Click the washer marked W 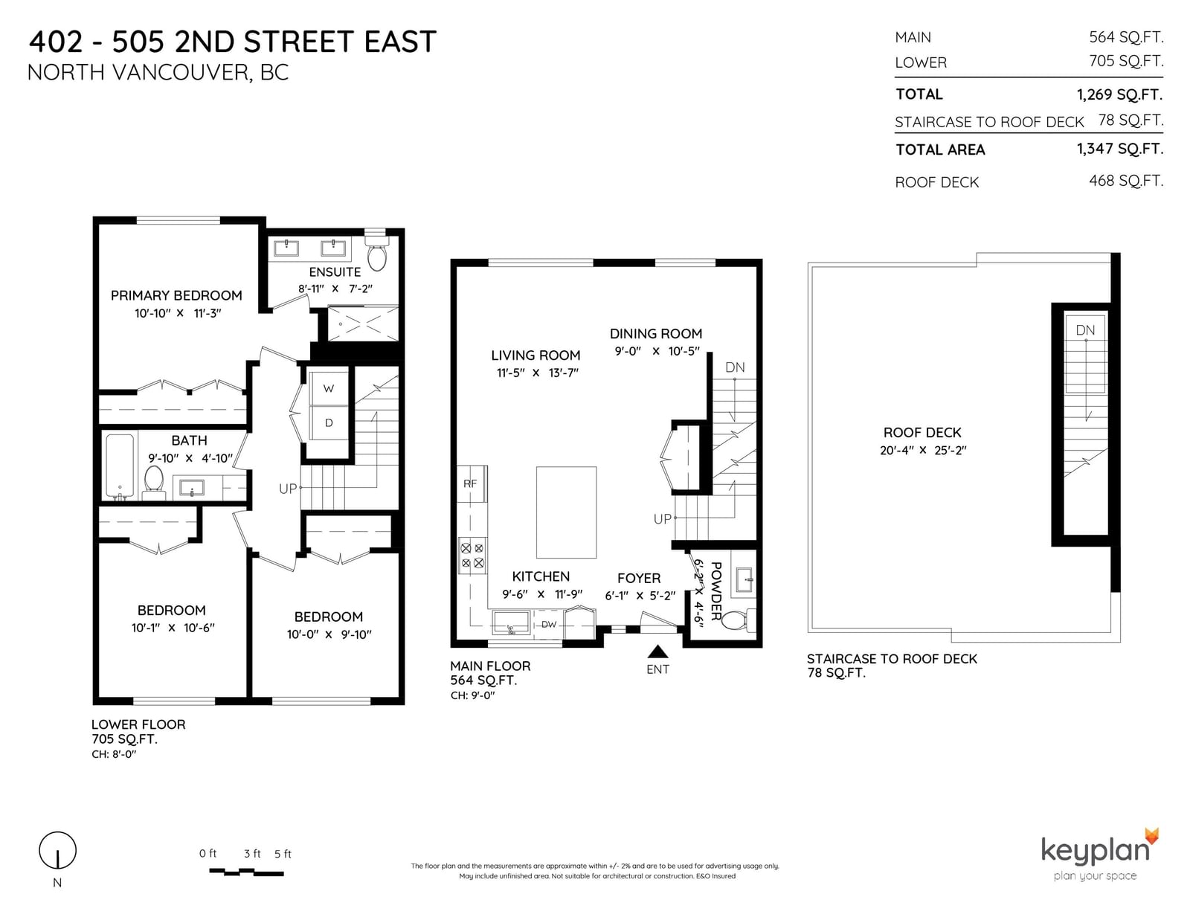329,388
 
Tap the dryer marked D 329,422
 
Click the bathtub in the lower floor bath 120,466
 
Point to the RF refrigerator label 470,483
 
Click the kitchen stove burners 472,556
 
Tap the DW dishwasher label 549,624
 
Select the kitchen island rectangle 566,512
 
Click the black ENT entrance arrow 657,651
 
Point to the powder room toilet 738,620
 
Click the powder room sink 744,580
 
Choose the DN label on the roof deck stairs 1085,330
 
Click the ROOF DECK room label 922,433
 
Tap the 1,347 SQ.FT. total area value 1120,149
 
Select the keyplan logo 1100,855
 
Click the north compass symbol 57,850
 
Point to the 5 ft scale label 283,854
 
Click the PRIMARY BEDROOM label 176,296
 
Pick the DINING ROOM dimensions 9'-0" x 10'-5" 657,351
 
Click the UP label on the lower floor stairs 288,489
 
